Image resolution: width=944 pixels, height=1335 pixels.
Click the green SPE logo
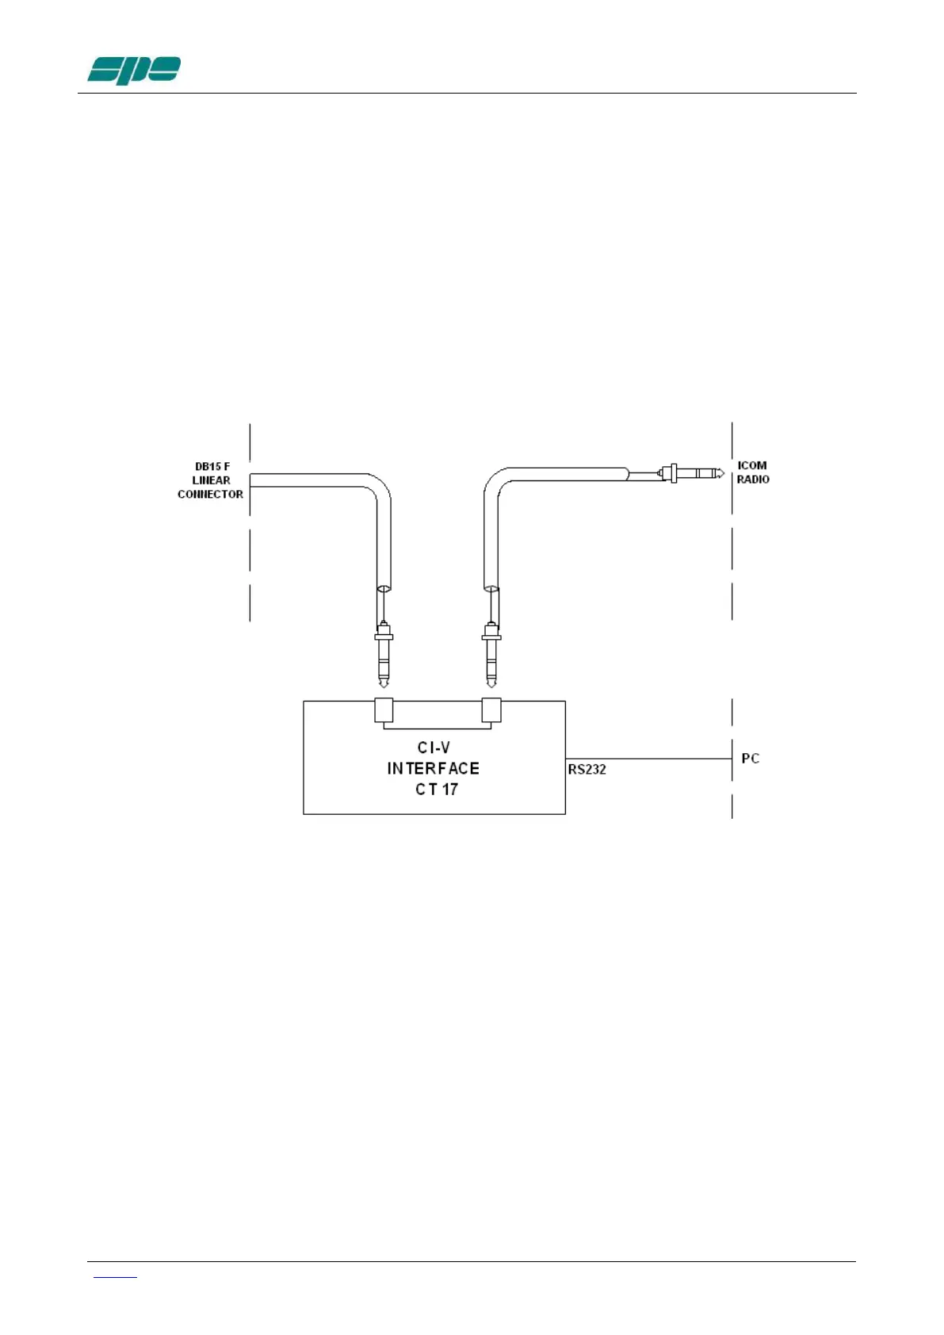134,71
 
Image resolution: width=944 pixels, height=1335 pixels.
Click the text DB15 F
212,467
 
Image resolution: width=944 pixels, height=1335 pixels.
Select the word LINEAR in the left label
211,480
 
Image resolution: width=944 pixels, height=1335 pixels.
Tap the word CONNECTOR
210,494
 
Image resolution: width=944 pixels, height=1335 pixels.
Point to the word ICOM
751,465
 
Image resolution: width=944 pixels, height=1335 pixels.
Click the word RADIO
752,480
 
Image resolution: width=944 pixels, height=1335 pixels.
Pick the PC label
750,759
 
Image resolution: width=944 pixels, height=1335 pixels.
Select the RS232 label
587,769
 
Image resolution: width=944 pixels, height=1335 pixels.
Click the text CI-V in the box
434,748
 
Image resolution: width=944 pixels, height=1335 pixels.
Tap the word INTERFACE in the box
433,768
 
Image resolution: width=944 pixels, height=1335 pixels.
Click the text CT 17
436,789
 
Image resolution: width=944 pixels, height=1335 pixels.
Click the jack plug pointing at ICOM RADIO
693,474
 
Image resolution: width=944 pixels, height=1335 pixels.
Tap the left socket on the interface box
384,710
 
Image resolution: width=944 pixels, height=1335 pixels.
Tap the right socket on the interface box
491,710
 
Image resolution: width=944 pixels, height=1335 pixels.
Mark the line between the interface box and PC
648,759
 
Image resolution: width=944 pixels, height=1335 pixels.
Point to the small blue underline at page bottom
115,1277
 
